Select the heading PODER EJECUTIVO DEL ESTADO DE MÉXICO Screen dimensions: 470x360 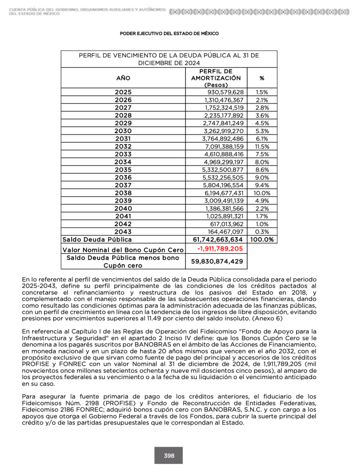[x=169, y=34]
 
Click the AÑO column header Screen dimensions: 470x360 [x=123, y=78]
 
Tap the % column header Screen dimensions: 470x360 [x=262, y=78]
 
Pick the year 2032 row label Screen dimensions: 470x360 [x=123, y=146]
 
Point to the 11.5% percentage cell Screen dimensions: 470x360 [x=262, y=146]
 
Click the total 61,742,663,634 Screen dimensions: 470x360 [x=215, y=240]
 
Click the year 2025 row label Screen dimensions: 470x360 [x=123, y=92]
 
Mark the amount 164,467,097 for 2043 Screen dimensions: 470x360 [x=227, y=232]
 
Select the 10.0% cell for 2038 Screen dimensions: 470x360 [x=262, y=193]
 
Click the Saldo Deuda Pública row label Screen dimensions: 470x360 [x=97, y=240]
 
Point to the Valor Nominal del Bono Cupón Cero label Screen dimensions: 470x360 [x=123, y=250]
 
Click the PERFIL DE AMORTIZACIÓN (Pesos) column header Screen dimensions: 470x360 [x=215, y=78]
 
